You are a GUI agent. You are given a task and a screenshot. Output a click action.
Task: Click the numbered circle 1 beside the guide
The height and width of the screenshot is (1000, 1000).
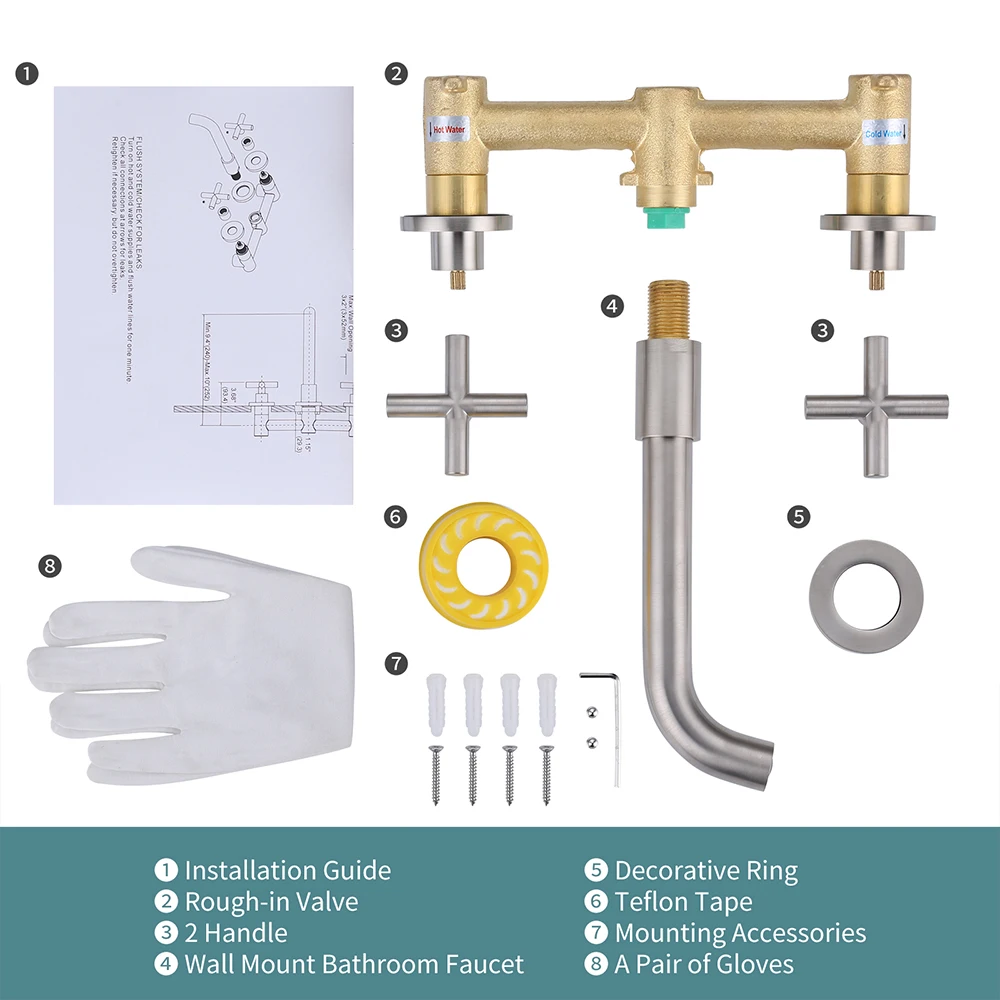(x=28, y=74)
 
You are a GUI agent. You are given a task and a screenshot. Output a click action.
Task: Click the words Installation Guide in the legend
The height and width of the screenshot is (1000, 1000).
(x=287, y=871)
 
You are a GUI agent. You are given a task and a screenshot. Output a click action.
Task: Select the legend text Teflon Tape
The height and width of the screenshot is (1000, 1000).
(x=683, y=902)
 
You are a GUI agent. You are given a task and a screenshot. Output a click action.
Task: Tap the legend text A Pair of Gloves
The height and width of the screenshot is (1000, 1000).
(x=704, y=964)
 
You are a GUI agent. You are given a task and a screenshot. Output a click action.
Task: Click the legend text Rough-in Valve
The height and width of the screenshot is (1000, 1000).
(x=271, y=902)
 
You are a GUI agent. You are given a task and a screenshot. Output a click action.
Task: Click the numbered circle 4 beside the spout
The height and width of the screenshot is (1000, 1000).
(x=613, y=306)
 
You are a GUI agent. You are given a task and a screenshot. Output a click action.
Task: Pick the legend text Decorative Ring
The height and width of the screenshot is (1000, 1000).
(x=706, y=871)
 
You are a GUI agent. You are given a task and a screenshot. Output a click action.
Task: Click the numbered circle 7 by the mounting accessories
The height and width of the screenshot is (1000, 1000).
(x=397, y=663)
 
